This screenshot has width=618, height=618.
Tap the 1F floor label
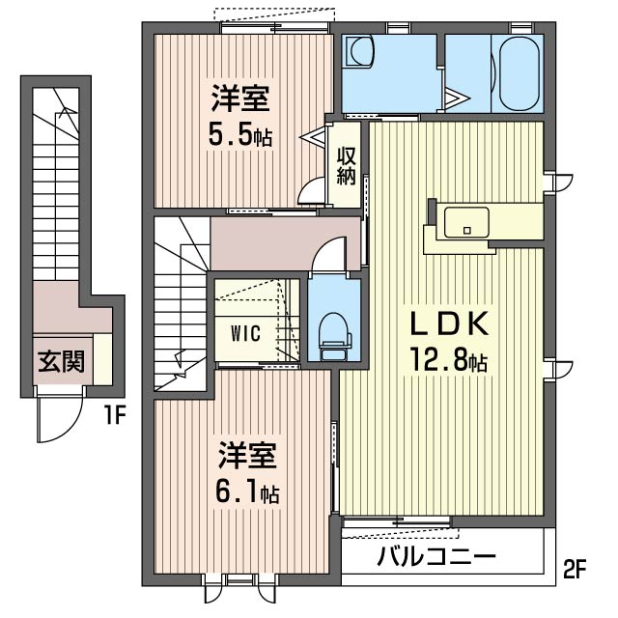pyautogui.click(x=116, y=417)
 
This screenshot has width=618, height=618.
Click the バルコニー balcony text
pyautogui.click(x=436, y=558)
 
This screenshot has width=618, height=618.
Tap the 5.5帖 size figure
pyautogui.click(x=240, y=135)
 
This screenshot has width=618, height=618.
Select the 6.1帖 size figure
pyautogui.click(x=248, y=492)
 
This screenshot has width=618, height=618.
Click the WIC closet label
pyautogui.click(x=245, y=332)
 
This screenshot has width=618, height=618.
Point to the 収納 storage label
pyautogui.click(x=347, y=166)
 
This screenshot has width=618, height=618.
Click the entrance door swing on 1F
pyautogui.click(x=56, y=415)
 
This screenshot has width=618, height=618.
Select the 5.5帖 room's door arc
pyautogui.click(x=312, y=193)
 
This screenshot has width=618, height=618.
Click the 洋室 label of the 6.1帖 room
pyautogui.click(x=248, y=455)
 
